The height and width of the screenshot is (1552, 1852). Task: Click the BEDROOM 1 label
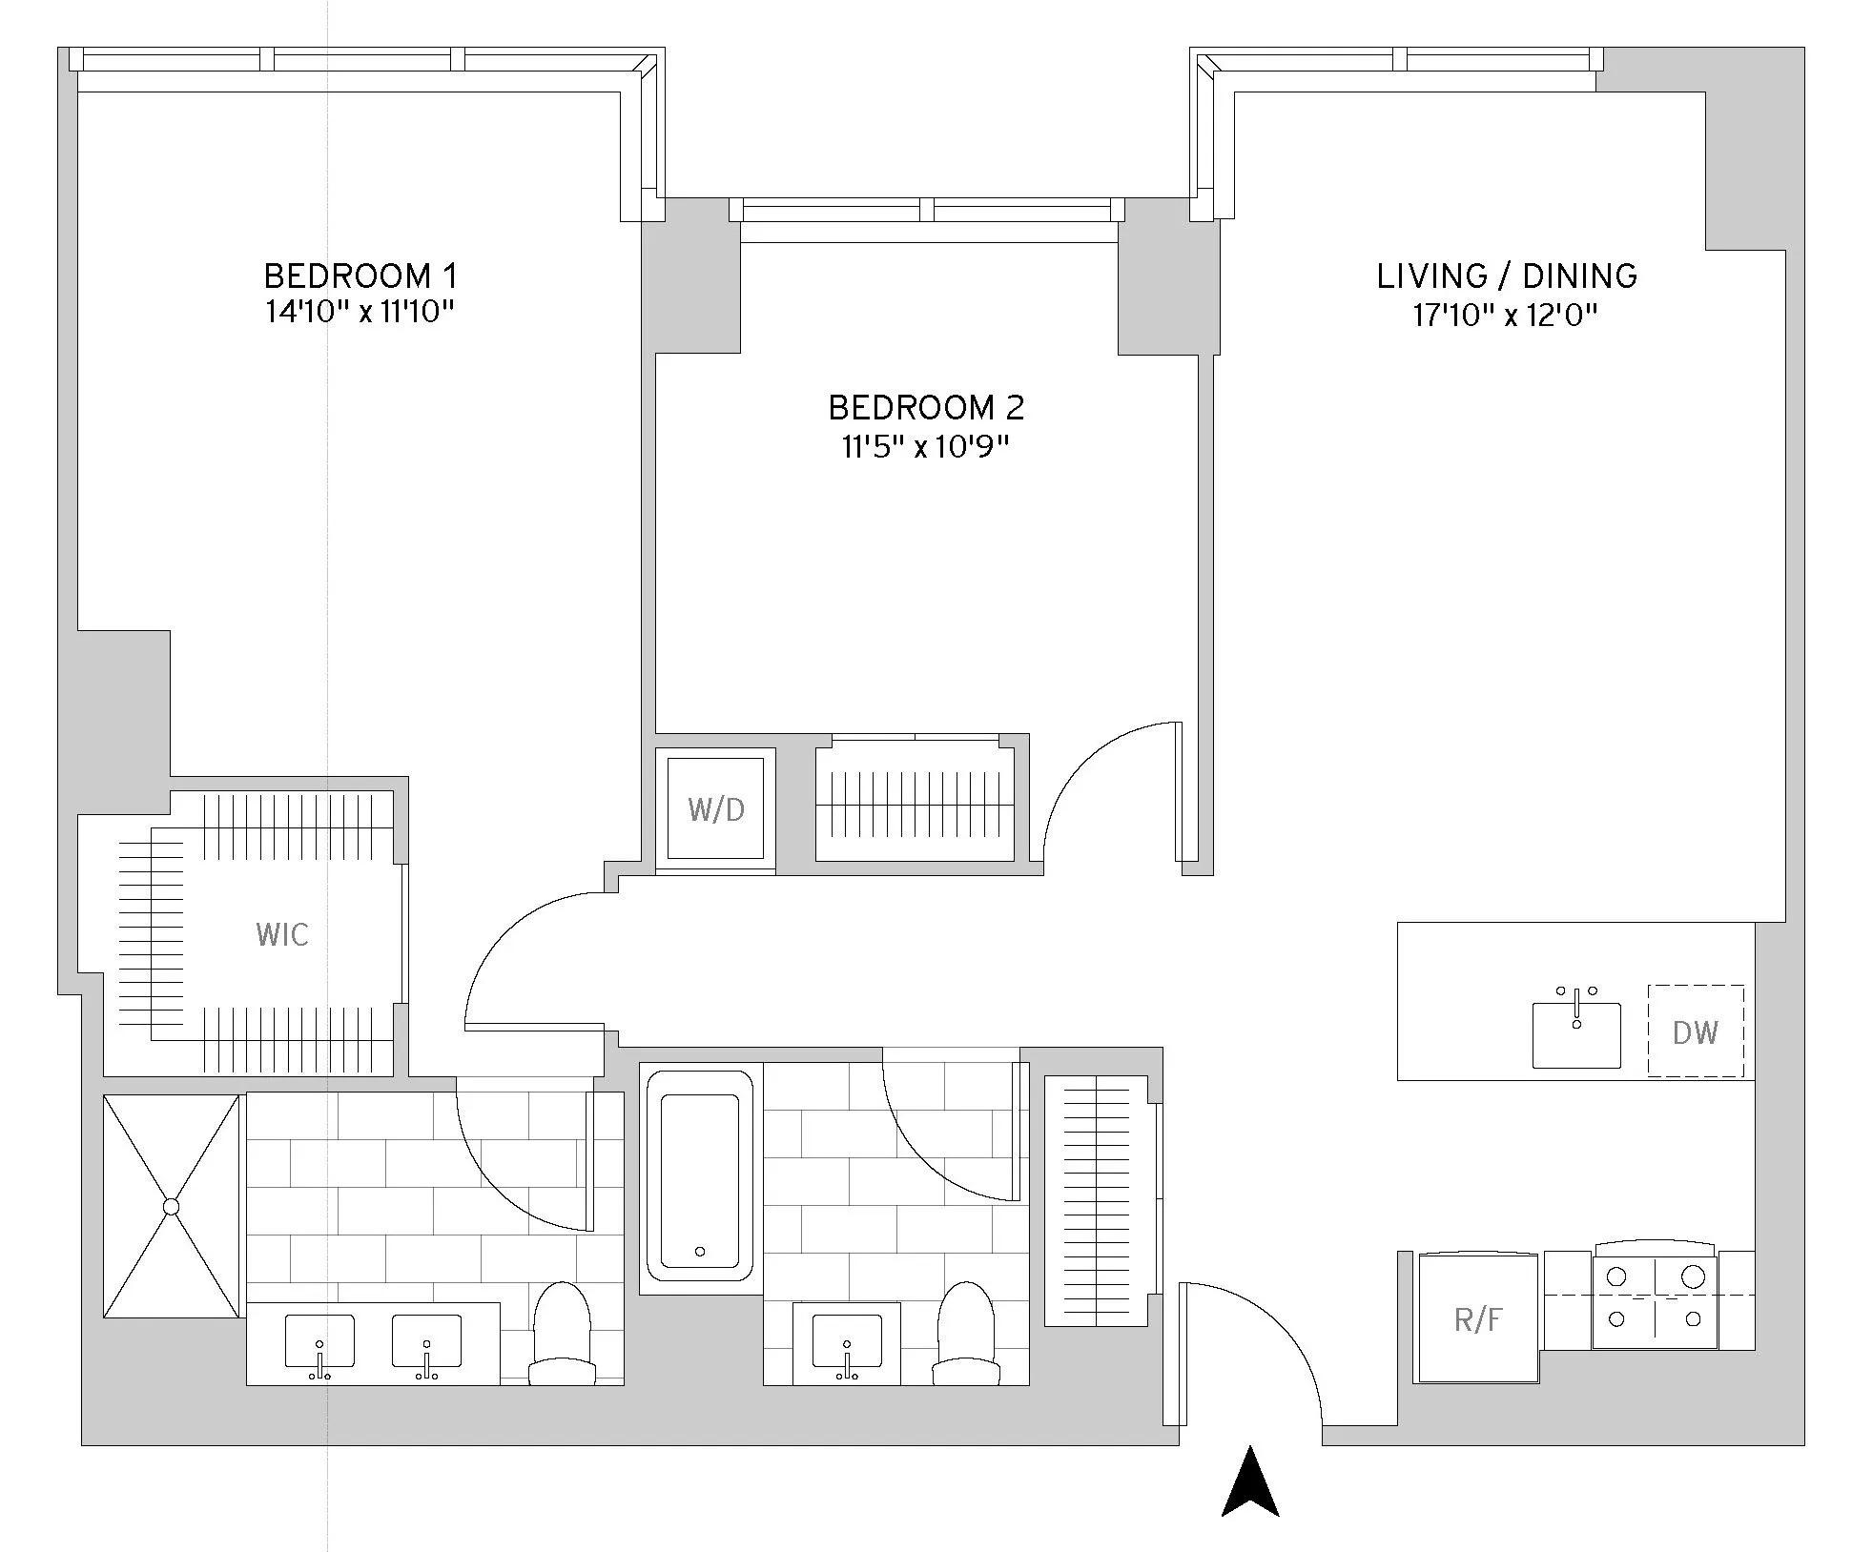click(x=360, y=276)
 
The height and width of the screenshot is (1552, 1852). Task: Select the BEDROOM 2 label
click(x=926, y=408)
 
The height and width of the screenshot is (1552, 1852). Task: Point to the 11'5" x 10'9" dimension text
click(x=925, y=446)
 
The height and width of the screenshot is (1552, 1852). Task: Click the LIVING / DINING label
click(x=1507, y=276)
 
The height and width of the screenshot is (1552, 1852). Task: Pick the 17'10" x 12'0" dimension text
click(x=1505, y=315)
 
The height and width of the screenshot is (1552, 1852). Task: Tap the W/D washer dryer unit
click(x=716, y=809)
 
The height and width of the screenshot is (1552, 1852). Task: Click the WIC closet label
click(x=282, y=934)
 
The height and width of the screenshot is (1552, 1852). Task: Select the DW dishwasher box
click(x=1696, y=1031)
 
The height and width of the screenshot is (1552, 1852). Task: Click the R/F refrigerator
click(x=1478, y=1319)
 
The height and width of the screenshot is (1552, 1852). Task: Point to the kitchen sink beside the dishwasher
click(x=1576, y=1033)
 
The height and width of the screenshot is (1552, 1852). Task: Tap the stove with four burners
click(x=1655, y=1297)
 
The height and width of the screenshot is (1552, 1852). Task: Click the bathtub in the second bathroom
click(x=700, y=1175)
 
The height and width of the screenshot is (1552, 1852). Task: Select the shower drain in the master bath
click(x=172, y=1207)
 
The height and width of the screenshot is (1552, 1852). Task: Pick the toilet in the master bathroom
click(x=563, y=1335)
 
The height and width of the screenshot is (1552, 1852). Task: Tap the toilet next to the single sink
click(x=966, y=1335)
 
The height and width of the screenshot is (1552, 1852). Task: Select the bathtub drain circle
click(x=700, y=1252)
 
